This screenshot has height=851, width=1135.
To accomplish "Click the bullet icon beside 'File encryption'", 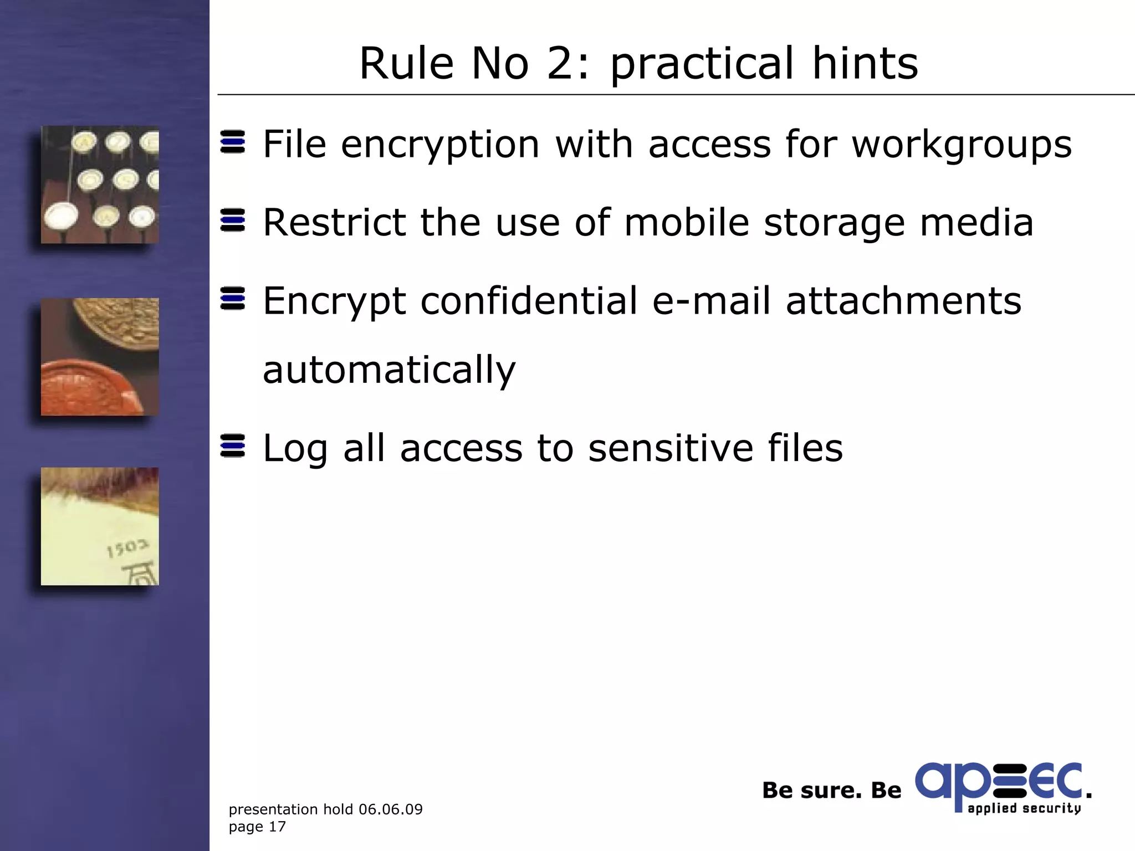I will [233, 142].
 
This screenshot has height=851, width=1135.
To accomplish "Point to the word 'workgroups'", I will [962, 145].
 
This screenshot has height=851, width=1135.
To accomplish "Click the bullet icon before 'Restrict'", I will [233, 220].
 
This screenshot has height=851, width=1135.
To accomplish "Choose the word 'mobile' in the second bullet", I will [687, 223].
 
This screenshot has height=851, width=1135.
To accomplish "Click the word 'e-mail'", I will [711, 301].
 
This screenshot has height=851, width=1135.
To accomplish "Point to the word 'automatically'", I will [389, 370].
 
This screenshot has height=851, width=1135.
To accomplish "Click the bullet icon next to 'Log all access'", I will [233, 446].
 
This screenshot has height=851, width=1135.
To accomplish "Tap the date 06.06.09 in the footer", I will [391, 809].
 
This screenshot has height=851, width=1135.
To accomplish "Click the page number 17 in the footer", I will [277, 827].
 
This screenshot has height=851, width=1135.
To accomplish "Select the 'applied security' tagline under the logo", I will [1024, 808].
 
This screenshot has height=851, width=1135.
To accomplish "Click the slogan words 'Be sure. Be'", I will [831, 791].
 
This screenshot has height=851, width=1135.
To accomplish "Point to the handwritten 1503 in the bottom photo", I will [127, 548].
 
